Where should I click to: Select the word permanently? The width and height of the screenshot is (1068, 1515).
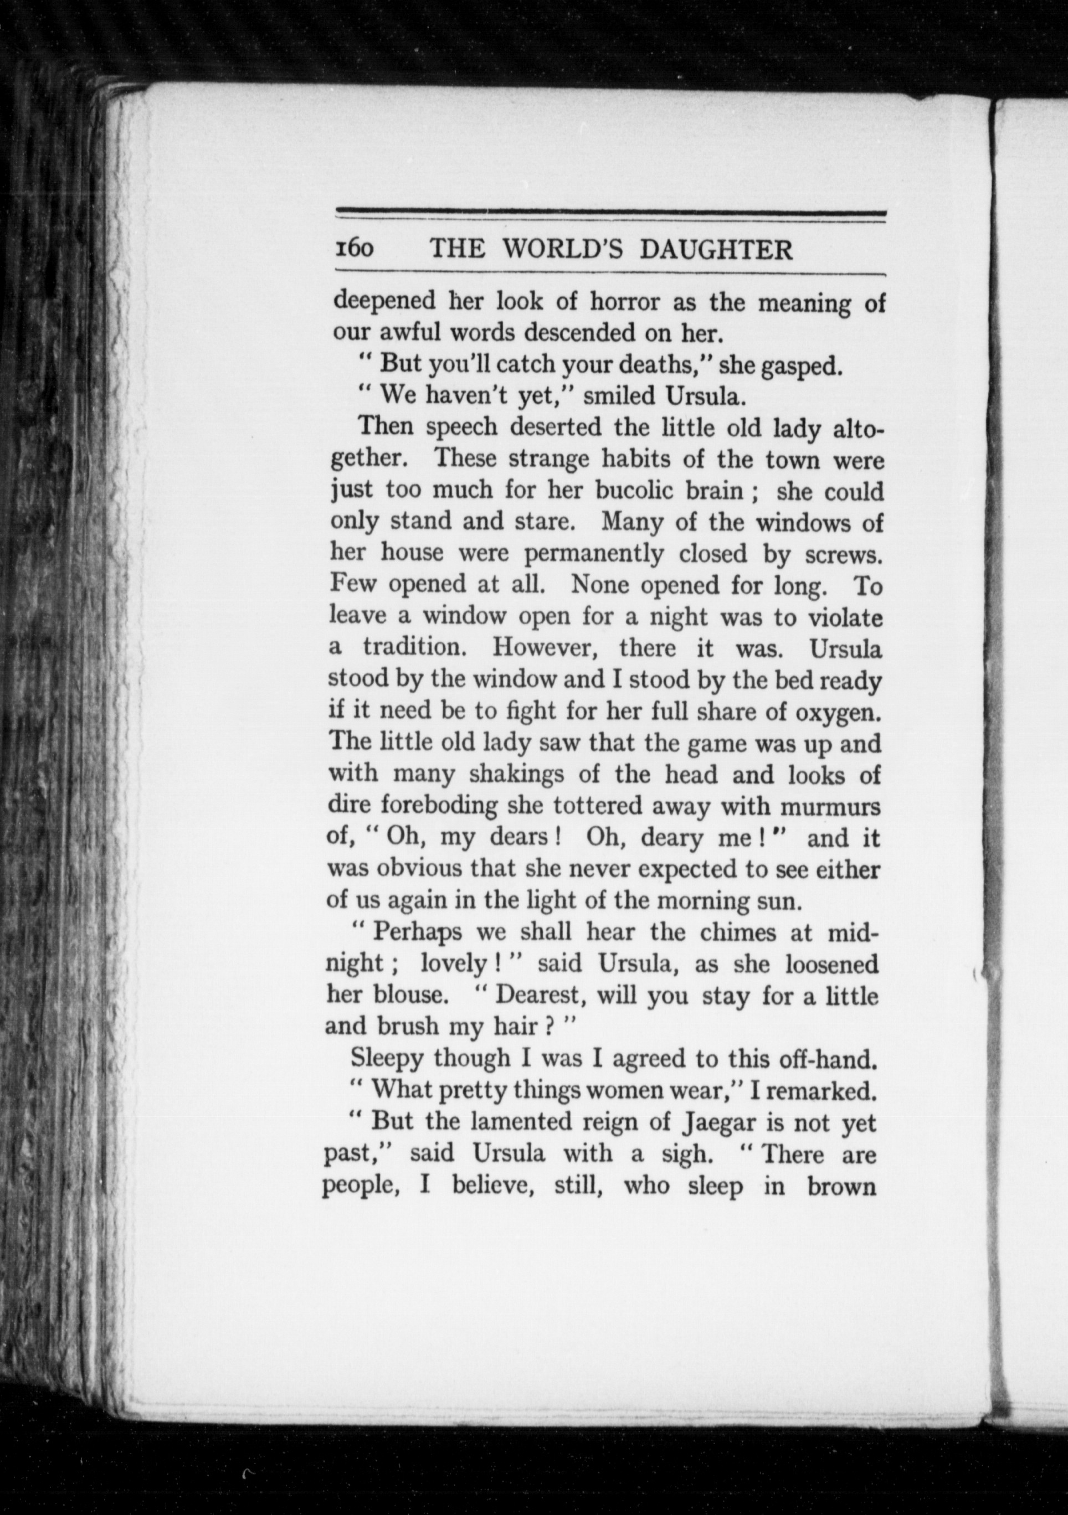[x=594, y=554]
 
